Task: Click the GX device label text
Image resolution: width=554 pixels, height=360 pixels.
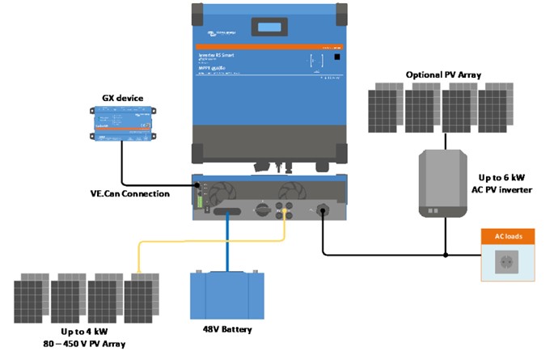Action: [122, 98]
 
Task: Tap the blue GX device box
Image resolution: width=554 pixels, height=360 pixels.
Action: [122, 125]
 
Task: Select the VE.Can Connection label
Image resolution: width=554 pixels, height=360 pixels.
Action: [130, 194]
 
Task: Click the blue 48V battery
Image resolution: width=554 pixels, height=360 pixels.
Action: [226, 295]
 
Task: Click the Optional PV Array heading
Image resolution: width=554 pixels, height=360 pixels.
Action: [443, 74]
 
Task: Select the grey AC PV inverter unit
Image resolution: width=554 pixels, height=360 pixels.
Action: [442, 184]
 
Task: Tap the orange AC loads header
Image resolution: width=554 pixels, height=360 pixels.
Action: [508, 236]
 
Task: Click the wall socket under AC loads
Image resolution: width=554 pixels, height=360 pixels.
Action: [508, 262]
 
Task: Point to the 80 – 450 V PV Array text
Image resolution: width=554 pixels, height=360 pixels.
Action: [87, 344]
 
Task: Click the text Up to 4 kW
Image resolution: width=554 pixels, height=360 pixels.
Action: [87, 332]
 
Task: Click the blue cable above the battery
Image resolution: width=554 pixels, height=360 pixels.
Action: [227, 243]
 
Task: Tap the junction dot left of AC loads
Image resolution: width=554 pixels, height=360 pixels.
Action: [446, 255]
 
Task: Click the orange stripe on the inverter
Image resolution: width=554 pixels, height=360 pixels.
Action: [269, 47]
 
